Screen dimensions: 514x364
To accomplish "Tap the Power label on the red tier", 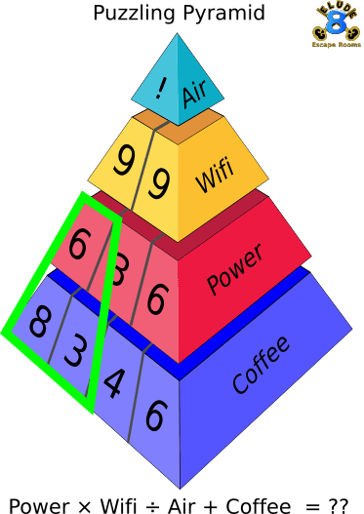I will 234,272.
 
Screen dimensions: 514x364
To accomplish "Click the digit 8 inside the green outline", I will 37,322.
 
